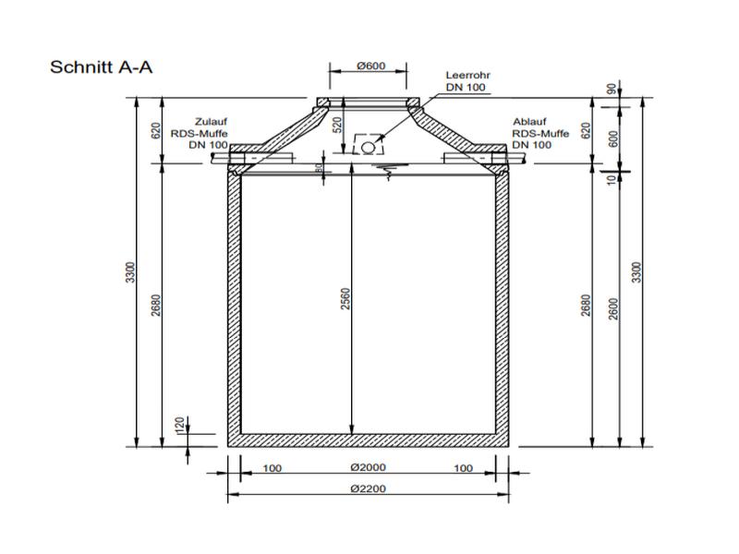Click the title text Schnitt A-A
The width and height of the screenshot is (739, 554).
[101, 67]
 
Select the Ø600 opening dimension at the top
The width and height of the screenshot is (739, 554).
[369, 66]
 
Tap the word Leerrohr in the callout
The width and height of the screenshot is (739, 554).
[466, 75]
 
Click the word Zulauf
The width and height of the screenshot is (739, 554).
[211, 121]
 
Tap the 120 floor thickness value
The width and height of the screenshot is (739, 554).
[179, 426]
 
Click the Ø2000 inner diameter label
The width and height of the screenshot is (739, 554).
[367, 468]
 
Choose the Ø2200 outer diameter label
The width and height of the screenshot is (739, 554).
[367, 490]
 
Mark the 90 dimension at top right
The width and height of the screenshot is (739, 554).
[637, 90]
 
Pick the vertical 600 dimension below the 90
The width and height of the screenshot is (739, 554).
[637, 138]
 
